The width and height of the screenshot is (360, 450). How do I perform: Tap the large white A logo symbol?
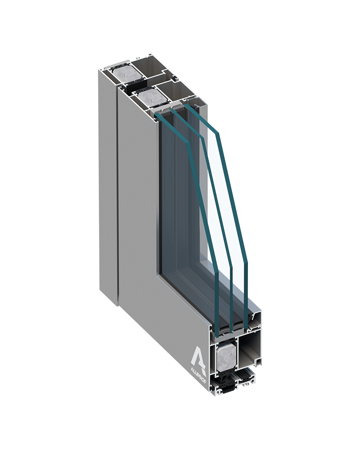coord(200,355)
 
